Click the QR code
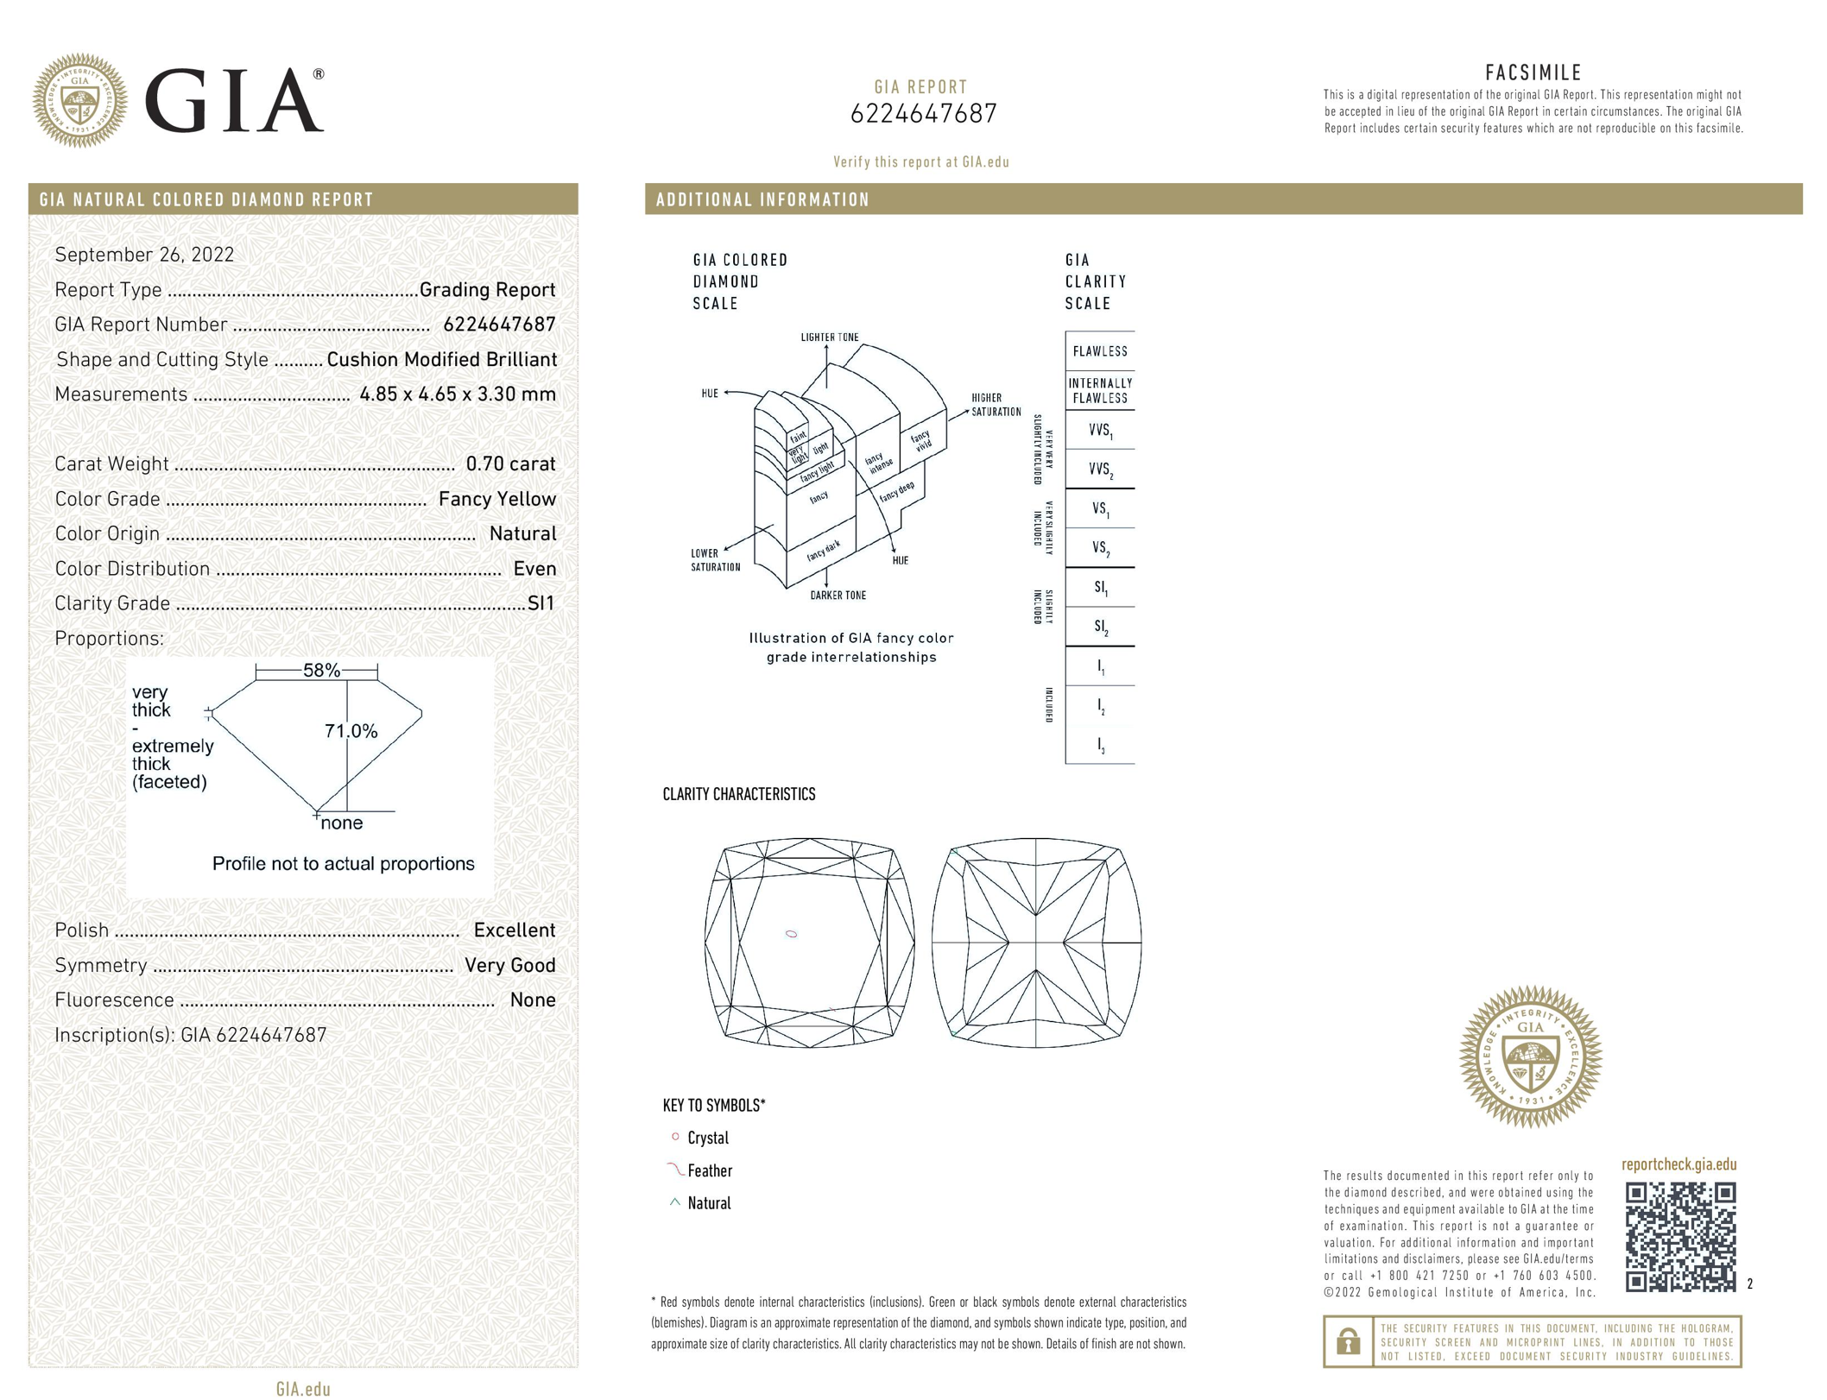click(x=1679, y=1237)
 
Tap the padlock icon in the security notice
click(x=1348, y=1341)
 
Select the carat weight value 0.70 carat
click(x=510, y=464)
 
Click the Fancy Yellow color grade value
click(x=496, y=499)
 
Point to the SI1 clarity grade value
click(x=541, y=603)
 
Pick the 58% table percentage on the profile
click(x=321, y=670)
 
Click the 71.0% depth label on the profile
click(x=351, y=731)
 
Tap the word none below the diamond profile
click(x=342, y=823)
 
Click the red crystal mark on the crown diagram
click(x=791, y=934)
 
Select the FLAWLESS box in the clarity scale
click(x=1099, y=351)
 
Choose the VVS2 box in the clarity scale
click(x=1099, y=470)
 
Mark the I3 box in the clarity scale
click(x=1100, y=745)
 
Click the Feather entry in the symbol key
click(x=709, y=1171)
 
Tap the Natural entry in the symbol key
click(x=708, y=1203)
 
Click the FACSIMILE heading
click(x=1533, y=73)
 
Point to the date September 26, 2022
click(x=144, y=255)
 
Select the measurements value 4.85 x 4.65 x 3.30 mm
click(x=458, y=394)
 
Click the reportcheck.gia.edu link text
click(x=1678, y=1164)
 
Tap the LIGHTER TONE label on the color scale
click(x=829, y=337)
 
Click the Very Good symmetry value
click(x=509, y=965)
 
